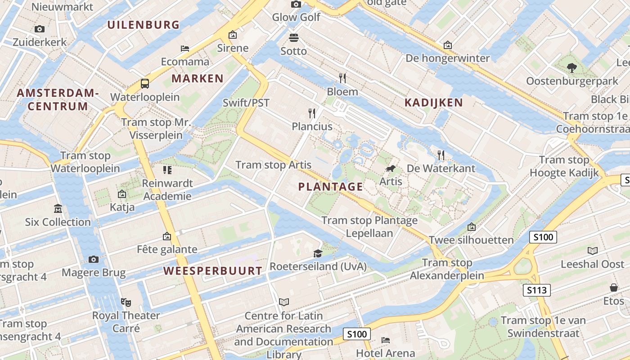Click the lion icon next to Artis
tap(391, 169)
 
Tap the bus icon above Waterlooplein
tap(145, 83)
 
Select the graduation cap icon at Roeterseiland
tap(318, 254)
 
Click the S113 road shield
tap(537, 290)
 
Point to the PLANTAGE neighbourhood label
tap(331, 187)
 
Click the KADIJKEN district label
tap(433, 103)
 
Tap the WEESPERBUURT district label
tap(212, 271)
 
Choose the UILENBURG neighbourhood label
tap(144, 25)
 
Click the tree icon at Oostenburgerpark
tap(572, 68)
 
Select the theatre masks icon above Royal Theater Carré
tap(126, 302)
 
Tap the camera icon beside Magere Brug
tap(94, 259)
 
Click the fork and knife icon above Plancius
tap(312, 112)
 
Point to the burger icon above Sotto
tap(294, 37)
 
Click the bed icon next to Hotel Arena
tap(386, 340)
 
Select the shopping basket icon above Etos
tap(613, 287)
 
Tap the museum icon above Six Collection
tap(58, 209)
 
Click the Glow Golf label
tap(296, 17)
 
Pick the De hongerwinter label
tap(447, 58)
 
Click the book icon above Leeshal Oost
tap(593, 251)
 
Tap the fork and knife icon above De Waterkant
tap(441, 155)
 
